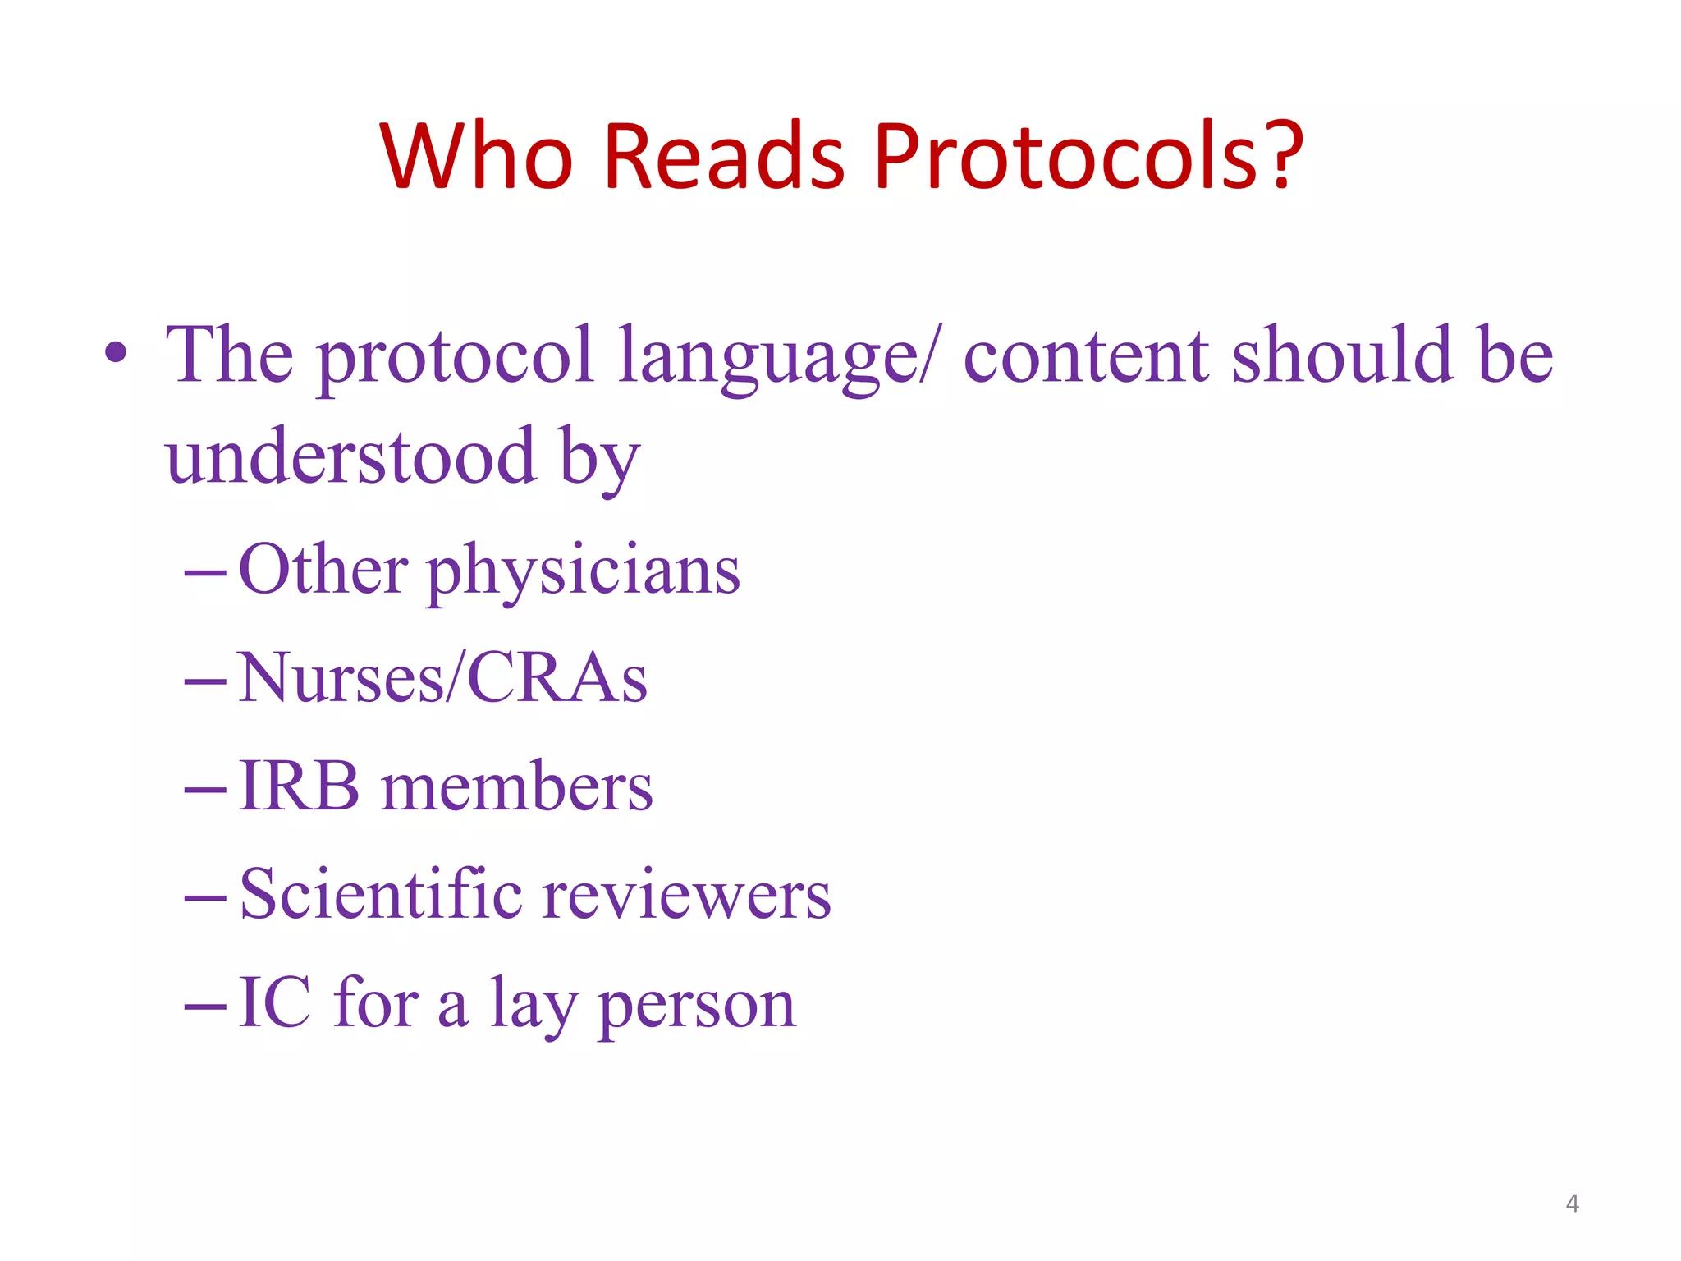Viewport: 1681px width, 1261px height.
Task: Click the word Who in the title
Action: coord(475,156)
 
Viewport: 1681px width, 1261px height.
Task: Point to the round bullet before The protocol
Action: coord(116,354)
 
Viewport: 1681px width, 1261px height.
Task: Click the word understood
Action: coord(350,456)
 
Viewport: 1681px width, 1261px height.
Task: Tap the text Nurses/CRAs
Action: coord(442,678)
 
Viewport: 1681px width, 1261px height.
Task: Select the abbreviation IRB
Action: coord(299,786)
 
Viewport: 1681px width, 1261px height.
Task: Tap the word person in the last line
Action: coord(697,1007)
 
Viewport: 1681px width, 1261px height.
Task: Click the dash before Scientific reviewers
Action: coord(205,898)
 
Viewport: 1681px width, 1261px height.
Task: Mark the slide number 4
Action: coord(1572,1204)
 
